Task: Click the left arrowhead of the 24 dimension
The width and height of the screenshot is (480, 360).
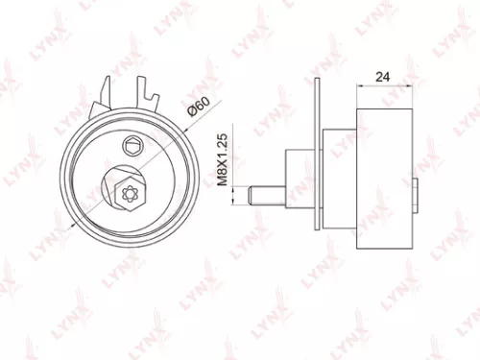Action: click(x=361, y=86)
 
